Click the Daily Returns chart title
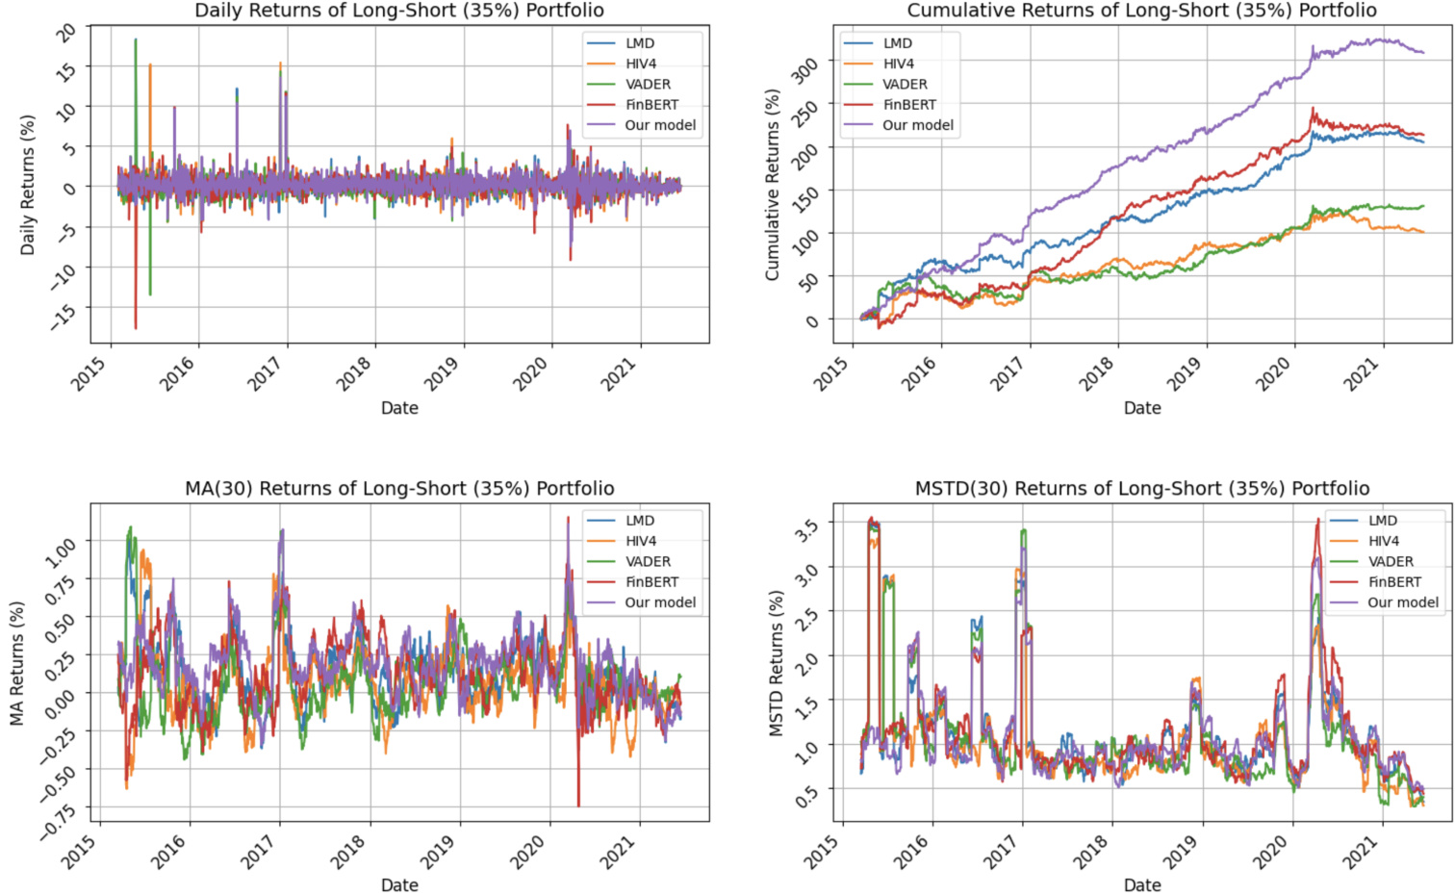coord(399,12)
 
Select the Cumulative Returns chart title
coord(1141,12)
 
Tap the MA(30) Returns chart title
coord(399,489)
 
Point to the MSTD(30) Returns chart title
coord(1141,489)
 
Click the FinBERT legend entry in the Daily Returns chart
coord(651,105)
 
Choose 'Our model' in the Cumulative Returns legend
coord(917,125)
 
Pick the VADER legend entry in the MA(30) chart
coord(648,562)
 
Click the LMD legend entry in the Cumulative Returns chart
coord(897,43)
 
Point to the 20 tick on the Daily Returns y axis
coord(65,32)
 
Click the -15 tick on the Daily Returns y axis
coord(62,314)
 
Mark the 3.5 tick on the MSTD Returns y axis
coord(806,528)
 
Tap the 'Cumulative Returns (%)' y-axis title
coord(773,185)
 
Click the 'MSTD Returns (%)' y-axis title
coord(777,663)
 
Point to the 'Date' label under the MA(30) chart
coord(399,885)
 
